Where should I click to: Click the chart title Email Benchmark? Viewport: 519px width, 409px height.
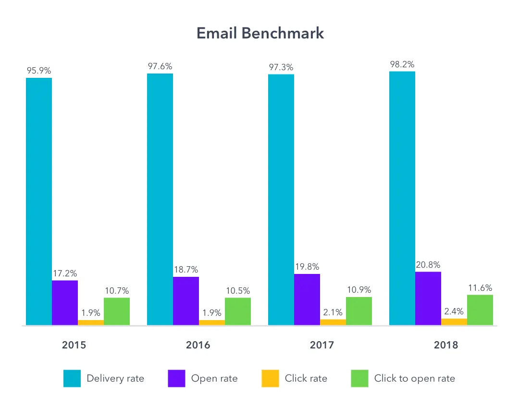click(x=260, y=33)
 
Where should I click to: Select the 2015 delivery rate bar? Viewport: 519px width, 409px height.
click(x=39, y=202)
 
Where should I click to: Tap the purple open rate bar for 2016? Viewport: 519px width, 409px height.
click(x=186, y=301)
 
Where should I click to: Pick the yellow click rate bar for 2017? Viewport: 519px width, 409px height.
click(x=333, y=322)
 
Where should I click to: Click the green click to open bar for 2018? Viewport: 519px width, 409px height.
click(x=480, y=310)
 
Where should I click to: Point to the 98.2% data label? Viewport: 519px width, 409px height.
click(x=402, y=64)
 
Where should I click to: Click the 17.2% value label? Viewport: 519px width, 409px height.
click(x=65, y=273)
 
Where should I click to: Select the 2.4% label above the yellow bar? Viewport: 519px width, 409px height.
click(x=454, y=311)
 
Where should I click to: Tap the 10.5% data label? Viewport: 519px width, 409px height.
click(x=238, y=291)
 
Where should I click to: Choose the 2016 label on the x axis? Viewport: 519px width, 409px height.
click(x=198, y=345)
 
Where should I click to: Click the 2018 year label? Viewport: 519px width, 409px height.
click(x=446, y=345)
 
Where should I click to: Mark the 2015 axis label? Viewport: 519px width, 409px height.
click(x=74, y=345)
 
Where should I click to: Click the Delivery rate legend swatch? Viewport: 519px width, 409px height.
click(x=72, y=378)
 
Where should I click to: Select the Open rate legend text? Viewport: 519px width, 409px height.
click(x=214, y=378)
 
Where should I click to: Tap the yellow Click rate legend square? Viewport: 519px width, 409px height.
click(x=270, y=378)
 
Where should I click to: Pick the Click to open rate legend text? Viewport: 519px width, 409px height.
click(x=414, y=378)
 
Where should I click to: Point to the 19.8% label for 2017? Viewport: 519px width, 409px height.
click(x=307, y=267)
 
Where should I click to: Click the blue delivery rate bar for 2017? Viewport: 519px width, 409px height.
click(x=281, y=200)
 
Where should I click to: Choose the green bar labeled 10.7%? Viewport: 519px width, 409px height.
click(x=117, y=311)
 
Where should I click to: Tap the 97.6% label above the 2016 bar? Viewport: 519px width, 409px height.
click(x=160, y=66)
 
